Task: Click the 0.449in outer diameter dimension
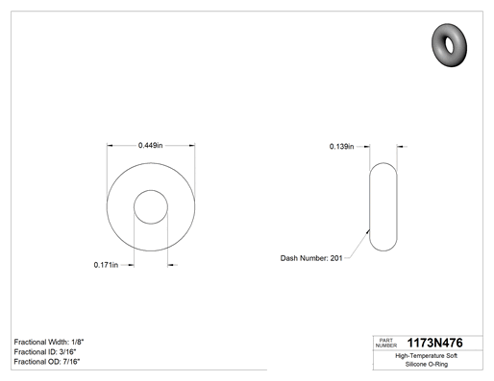150,146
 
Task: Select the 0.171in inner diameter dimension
106,265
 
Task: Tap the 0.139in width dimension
341,147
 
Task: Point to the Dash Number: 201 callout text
311,258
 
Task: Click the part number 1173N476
434,343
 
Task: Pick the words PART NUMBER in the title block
386,343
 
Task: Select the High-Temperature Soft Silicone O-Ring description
427,360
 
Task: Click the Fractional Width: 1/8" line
49,342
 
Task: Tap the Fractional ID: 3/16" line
45,352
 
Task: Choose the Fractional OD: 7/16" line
47,362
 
